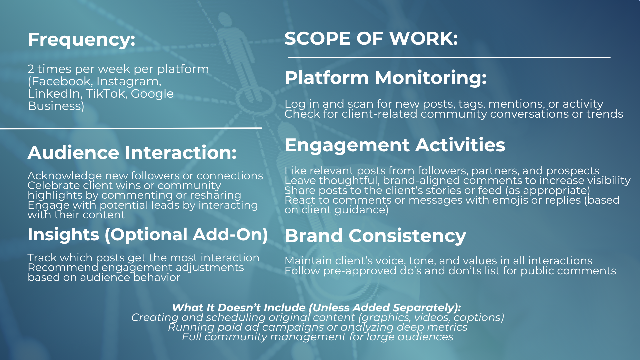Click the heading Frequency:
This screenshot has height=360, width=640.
pos(81,40)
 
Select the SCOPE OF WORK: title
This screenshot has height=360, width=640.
pos(371,38)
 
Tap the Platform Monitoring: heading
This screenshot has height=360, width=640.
pos(385,78)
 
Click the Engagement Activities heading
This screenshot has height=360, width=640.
pos(395,145)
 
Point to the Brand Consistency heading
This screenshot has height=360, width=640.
pos(375,236)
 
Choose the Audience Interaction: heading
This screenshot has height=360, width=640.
pos(132,153)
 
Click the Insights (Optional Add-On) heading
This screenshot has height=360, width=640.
pos(148,235)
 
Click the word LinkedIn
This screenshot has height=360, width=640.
pos(55,94)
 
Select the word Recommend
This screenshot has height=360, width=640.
pos(63,267)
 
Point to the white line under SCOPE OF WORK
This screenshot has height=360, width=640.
pos(449,58)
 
